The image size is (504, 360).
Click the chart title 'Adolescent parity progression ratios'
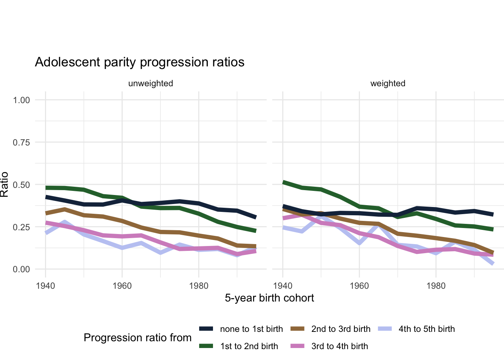pyautogui.click(x=139, y=62)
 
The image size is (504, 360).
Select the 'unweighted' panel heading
pyautogui.click(x=150, y=83)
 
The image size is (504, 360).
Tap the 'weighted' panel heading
pyautogui.click(x=388, y=83)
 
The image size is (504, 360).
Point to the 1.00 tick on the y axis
pyautogui.click(x=21, y=100)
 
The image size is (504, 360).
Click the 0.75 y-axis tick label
pyautogui.click(x=21, y=142)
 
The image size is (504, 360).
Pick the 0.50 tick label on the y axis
pyautogui.click(x=21, y=185)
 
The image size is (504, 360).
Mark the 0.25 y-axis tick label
pyautogui.click(x=21, y=227)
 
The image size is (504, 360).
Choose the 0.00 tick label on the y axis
pyautogui.click(x=21, y=269)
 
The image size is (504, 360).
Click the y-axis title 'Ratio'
pyautogui.click(x=4, y=184)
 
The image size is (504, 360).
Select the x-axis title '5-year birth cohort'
pyautogui.click(x=269, y=298)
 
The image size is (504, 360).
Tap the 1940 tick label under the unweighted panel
pyautogui.click(x=45, y=286)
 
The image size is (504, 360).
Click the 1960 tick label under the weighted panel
pyautogui.click(x=359, y=286)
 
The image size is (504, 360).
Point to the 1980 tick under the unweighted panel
pyautogui.click(x=199, y=286)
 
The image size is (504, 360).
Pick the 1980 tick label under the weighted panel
pyautogui.click(x=436, y=286)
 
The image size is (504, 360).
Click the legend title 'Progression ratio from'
pyautogui.click(x=138, y=338)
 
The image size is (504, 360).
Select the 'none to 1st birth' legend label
pyautogui.click(x=251, y=329)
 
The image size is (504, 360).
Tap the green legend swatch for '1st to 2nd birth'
pyautogui.click(x=206, y=346)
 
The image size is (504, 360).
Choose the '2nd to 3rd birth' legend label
pyautogui.click(x=340, y=329)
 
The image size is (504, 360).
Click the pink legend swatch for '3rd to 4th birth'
pyautogui.click(x=297, y=346)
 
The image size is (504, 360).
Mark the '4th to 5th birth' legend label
pyautogui.click(x=426, y=329)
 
